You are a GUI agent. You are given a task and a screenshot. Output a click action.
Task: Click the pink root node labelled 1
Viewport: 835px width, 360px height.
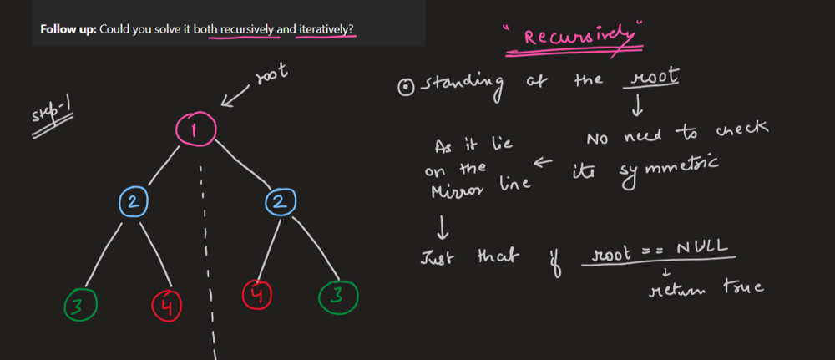[195, 129]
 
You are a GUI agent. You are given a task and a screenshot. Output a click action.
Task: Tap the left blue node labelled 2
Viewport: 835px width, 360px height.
[134, 200]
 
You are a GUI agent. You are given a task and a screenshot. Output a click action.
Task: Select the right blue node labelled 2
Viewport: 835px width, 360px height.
[280, 201]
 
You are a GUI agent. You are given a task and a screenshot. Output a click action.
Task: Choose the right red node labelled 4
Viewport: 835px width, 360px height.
[256, 295]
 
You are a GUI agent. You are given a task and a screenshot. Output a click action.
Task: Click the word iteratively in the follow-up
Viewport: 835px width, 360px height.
[326, 29]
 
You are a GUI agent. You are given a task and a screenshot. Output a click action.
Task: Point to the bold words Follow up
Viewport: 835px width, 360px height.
[68, 29]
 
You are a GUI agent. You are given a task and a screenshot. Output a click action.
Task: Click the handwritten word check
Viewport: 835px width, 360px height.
[741, 132]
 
